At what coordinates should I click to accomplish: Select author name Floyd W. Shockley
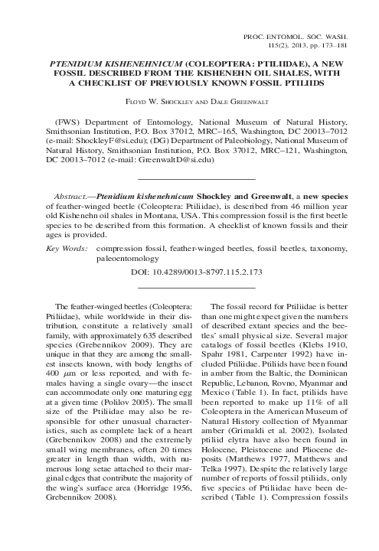tap(162, 100)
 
